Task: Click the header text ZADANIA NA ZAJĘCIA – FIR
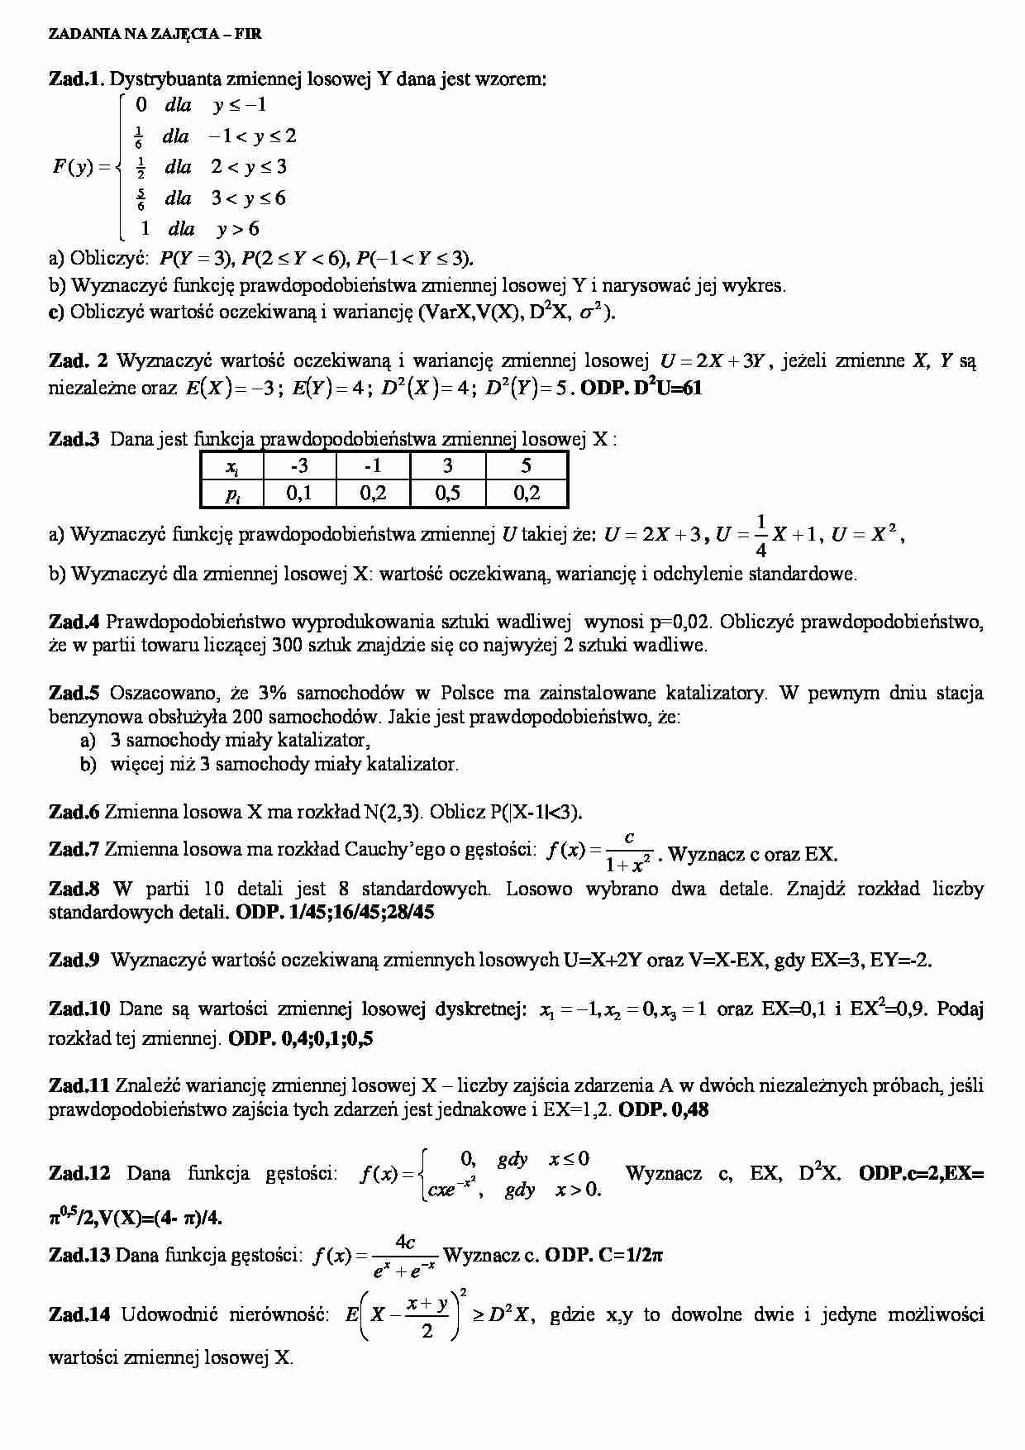pyautogui.click(x=155, y=34)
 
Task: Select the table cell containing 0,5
pyautogui.click(x=447, y=494)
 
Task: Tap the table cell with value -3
pyautogui.click(x=298, y=465)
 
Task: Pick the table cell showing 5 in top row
pyautogui.click(x=526, y=465)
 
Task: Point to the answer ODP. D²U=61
pyautogui.click(x=641, y=388)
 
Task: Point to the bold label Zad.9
pyautogui.click(x=74, y=960)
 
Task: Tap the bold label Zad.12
pyautogui.click(x=79, y=1173)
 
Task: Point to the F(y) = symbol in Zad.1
pyautogui.click(x=81, y=166)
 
